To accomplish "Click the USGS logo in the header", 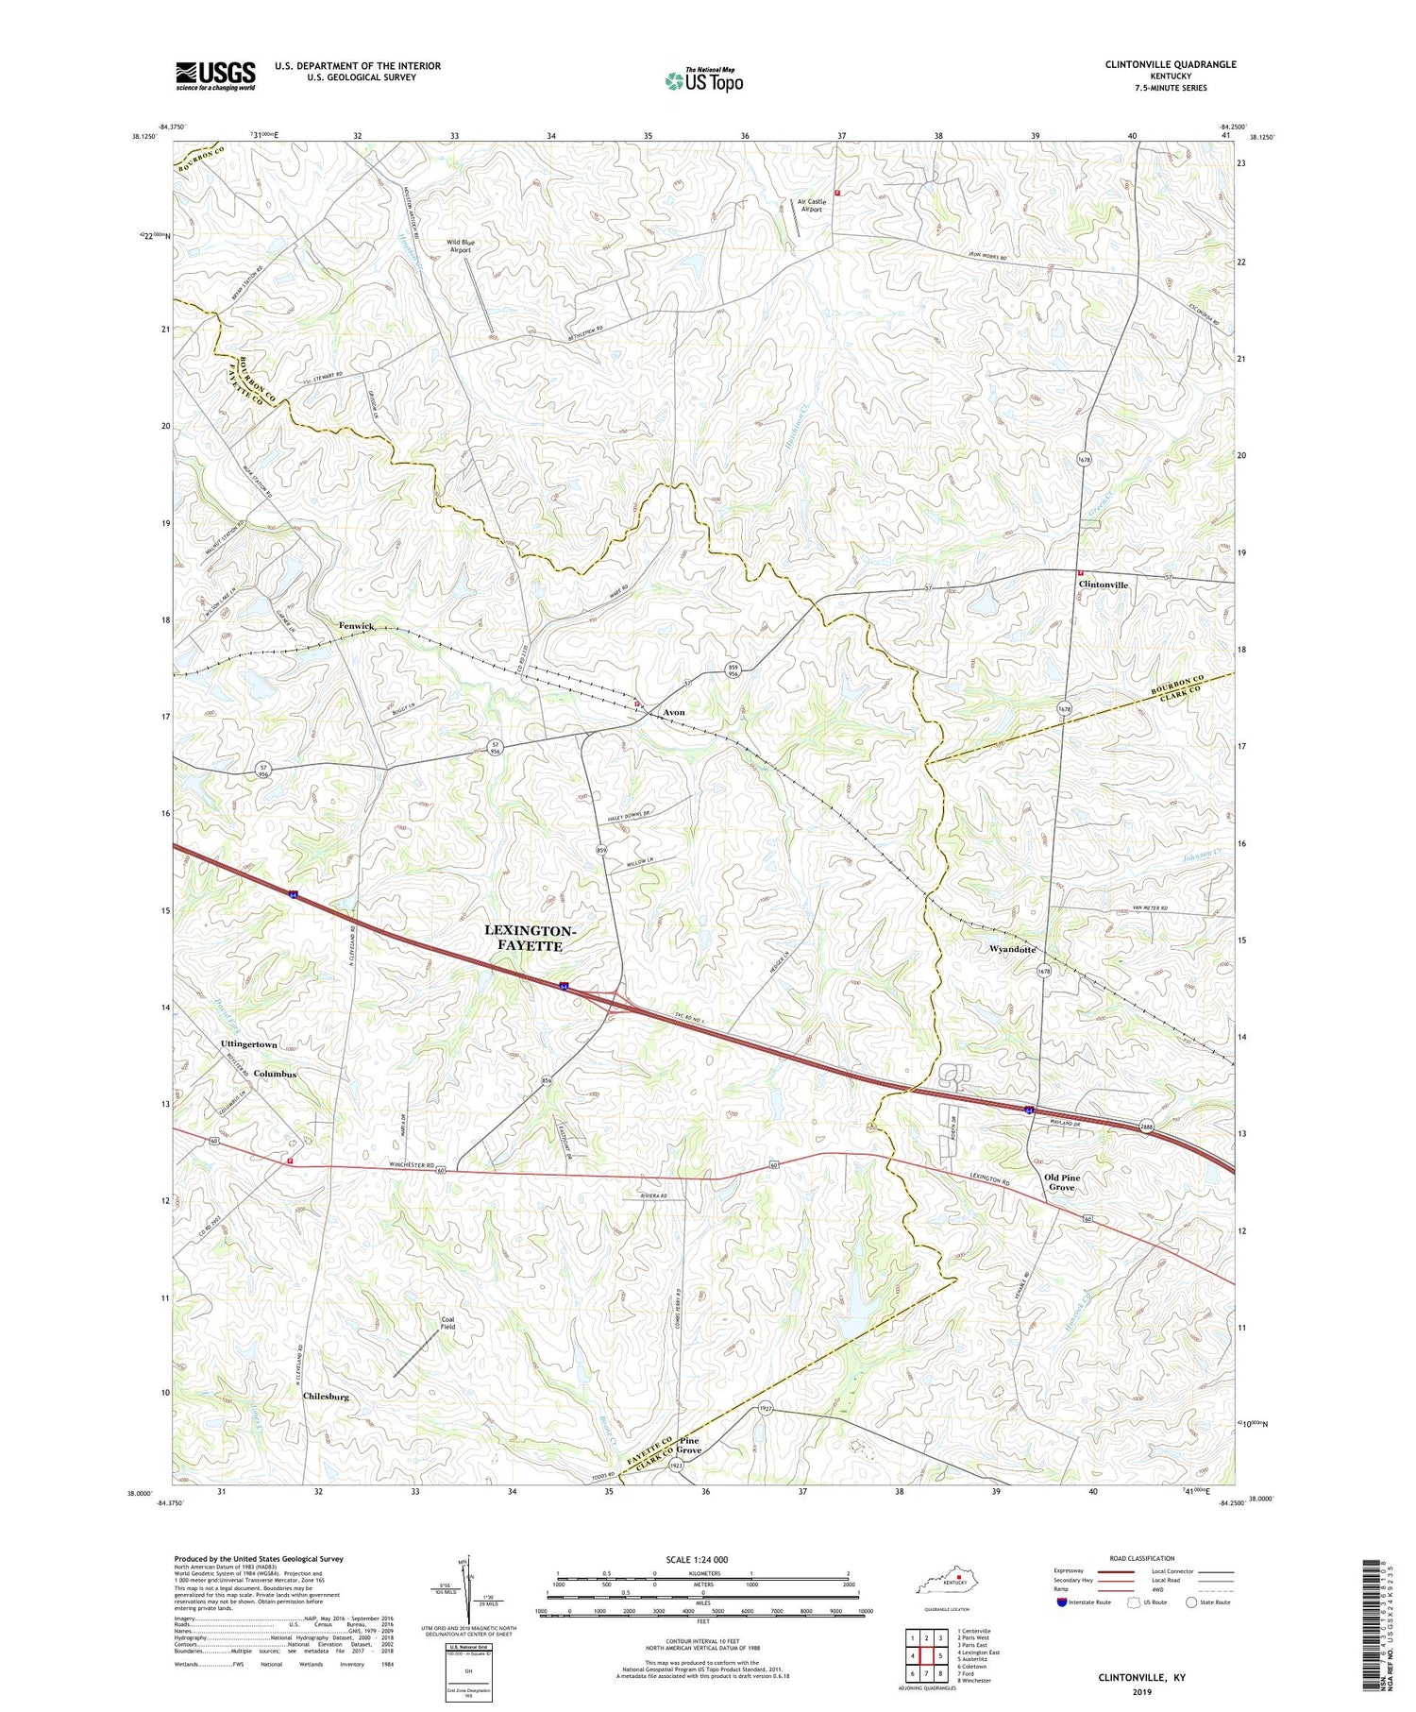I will [x=215, y=76].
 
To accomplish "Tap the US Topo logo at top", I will [x=704, y=80].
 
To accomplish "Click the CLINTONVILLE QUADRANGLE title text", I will [x=1156, y=65].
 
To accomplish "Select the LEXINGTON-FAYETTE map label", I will [x=529, y=938].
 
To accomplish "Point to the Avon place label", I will [x=673, y=712].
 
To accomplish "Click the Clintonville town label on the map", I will [x=1103, y=585].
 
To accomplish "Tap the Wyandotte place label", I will [x=1012, y=949].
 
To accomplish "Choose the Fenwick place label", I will [x=358, y=626].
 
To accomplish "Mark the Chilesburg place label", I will [x=332, y=1396].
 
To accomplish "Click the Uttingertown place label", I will [x=248, y=1044].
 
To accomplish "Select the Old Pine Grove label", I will [x=1062, y=1182].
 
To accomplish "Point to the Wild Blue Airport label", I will [x=462, y=246].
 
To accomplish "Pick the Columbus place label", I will [x=275, y=1075].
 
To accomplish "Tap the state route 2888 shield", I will [x=1145, y=1127].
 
